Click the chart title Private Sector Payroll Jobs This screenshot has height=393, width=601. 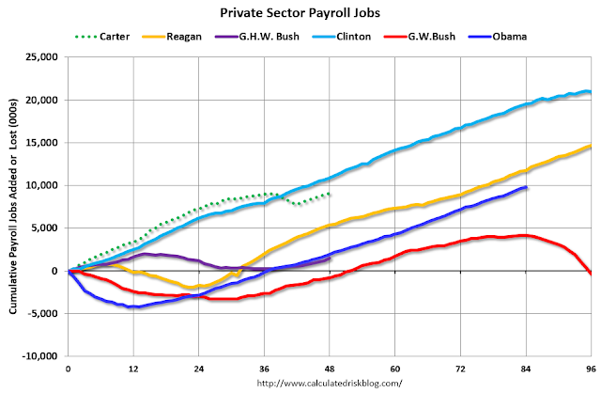300,13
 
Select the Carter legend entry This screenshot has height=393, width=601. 102,37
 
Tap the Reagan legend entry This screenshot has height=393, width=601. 172,37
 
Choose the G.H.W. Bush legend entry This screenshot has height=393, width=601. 256,37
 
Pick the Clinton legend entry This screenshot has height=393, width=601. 341,37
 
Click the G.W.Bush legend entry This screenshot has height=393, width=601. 420,37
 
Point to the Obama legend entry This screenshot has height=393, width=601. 498,37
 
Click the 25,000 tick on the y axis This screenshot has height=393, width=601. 43,57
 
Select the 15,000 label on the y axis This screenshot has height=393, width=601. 43,143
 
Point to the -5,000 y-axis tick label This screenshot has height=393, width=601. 44,314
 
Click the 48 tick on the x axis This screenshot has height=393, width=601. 330,369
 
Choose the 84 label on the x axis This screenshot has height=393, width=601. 526,369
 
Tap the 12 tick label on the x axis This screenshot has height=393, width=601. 133,369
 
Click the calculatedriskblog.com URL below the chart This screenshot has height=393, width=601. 330,383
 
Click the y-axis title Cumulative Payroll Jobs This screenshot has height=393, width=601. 13,207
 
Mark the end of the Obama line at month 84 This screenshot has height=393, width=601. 526,187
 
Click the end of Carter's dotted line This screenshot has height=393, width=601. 330,194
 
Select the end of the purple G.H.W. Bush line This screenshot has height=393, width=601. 330,259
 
